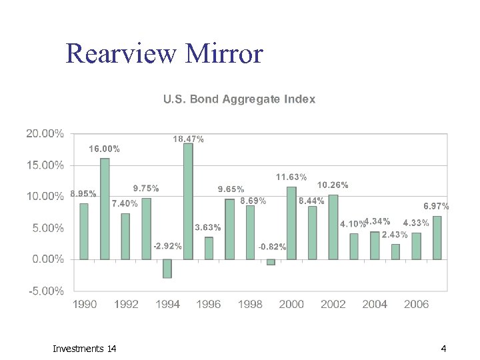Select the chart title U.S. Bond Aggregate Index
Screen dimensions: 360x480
(239, 99)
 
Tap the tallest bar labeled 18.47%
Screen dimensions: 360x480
(188, 201)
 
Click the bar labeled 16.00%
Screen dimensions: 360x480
(105, 208)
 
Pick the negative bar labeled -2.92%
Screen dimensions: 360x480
(167, 268)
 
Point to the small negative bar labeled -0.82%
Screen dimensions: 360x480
(271, 262)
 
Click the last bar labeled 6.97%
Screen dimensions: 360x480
(437, 237)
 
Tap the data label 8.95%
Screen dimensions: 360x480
(83, 195)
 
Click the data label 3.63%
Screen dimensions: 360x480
(207, 228)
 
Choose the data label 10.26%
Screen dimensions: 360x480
(333, 185)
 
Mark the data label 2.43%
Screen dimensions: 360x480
(395, 235)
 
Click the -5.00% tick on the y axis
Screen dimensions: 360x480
(45, 291)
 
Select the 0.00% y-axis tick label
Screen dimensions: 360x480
(45, 259)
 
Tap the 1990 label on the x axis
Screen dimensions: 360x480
(85, 304)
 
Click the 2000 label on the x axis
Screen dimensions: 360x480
(291, 304)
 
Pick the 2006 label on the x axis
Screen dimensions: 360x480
(416, 304)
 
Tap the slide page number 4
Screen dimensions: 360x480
(443, 349)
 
